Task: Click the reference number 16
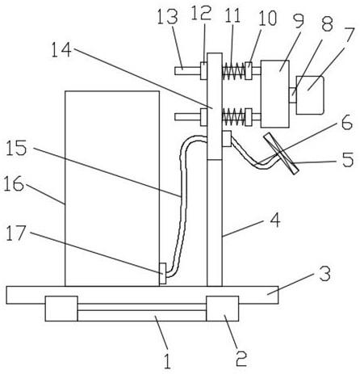tap(14, 183)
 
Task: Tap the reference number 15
tap(16, 148)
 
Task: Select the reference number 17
tap(16, 233)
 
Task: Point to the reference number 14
tap(61, 50)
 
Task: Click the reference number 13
tap(167, 16)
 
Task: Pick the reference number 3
tap(324, 274)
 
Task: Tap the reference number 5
tap(348, 159)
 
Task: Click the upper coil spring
tap(233, 71)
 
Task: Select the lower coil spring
tap(233, 117)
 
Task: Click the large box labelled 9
tap(275, 94)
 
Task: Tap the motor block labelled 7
tap(310, 95)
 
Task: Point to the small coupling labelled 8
tap(292, 95)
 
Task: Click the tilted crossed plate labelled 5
tap(281, 153)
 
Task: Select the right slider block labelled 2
tap(223, 309)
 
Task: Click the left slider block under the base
tap(61, 309)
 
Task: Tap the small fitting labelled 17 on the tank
tap(163, 273)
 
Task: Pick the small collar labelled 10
tap(249, 71)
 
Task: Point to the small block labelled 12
tap(203, 71)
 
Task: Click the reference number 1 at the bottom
tap(167, 361)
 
